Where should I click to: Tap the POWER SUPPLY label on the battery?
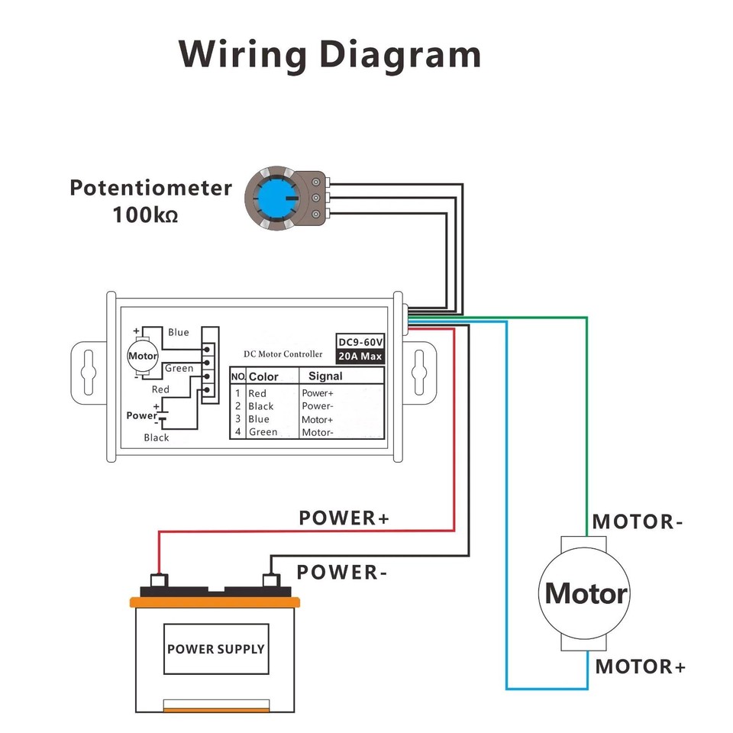tap(215, 649)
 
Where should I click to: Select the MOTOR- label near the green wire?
tap(638, 522)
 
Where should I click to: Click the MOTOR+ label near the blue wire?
tap(641, 667)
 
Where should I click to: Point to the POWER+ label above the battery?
tap(344, 518)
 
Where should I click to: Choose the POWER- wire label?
tap(337, 572)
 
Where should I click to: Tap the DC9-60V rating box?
tap(360, 341)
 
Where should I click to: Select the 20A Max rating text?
tap(360, 356)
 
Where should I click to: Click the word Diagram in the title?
tap(400, 55)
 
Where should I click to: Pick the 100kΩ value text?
tap(145, 215)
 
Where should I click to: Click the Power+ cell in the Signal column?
tap(318, 393)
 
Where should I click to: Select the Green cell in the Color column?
tap(263, 432)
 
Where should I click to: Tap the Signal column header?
tap(325, 376)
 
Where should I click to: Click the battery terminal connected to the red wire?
tap(159, 581)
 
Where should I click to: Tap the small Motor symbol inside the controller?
tap(142, 356)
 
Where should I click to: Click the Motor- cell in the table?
tap(318, 432)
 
